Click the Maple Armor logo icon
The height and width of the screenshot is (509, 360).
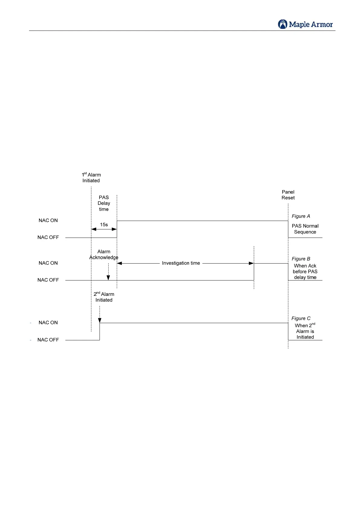click(x=283, y=24)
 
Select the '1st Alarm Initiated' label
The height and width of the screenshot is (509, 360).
click(x=91, y=178)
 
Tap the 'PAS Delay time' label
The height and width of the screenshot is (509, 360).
click(x=104, y=203)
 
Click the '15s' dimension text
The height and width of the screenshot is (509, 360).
click(x=104, y=225)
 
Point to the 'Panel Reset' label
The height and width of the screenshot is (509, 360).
click(x=288, y=195)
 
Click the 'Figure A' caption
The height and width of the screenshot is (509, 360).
click(x=301, y=216)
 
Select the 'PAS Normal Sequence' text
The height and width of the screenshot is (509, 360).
click(x=305, y=229)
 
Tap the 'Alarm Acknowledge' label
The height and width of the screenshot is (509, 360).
click(x=104, y=254)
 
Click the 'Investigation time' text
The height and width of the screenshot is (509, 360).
click(x=181, y=263)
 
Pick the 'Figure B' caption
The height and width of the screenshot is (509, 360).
click(x=301, y=259)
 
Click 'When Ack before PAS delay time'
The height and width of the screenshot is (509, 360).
click(x=305, y=271)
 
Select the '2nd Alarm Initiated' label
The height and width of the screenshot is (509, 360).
click(x=104, y=297)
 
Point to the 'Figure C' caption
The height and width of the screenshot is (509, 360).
click(x=301, y=318)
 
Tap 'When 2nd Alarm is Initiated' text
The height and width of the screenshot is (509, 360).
click(x=305, y=331)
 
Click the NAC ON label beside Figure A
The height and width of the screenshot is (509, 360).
click(x=48, y=220)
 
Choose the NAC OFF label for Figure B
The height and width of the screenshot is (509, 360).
click(x=48, y=280)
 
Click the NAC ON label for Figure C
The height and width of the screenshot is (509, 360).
click(x=48, y=323)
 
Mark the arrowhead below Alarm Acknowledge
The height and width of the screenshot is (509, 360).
click(x=108, y=277)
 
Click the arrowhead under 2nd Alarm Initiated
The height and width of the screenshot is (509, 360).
click(x=100, y=320)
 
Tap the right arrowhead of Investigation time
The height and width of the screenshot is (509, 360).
click(x=251, y=263)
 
